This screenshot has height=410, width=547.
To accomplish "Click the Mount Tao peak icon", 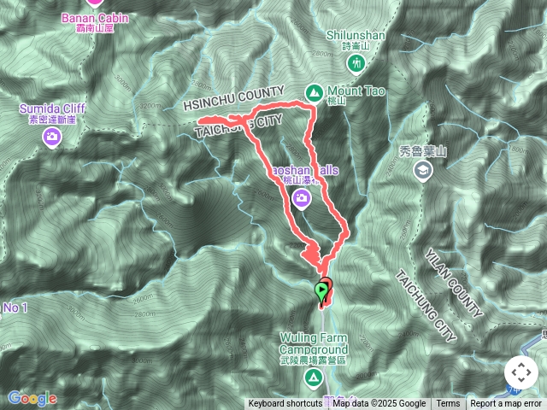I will [x=315, y=91].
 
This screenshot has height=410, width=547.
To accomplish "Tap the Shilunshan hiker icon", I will [x=356, y=63].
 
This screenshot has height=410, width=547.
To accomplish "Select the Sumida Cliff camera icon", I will [x=52, y=137].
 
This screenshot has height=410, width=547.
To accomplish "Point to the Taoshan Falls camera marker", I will [x=301, y=199].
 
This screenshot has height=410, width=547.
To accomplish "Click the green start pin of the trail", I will [x=321, y=292].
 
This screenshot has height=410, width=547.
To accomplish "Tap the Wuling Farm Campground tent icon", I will [x=314, y=377].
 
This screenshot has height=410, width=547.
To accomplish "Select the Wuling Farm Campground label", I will [x=314, y=344].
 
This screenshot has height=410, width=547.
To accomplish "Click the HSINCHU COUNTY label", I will [x=233, y=98].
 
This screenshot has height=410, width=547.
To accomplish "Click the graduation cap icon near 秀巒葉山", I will [x=421, y=171].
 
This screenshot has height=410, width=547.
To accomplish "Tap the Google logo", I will [x=32, y=398].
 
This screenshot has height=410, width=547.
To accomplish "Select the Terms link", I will [x=448, y=404].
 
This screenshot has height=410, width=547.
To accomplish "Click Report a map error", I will [x=507, y=404].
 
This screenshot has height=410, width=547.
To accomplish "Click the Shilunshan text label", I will [x=356, y=34].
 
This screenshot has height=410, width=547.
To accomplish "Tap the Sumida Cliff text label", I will [x=53, y=109].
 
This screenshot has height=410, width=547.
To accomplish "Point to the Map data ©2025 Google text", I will [x=379, y=404].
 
